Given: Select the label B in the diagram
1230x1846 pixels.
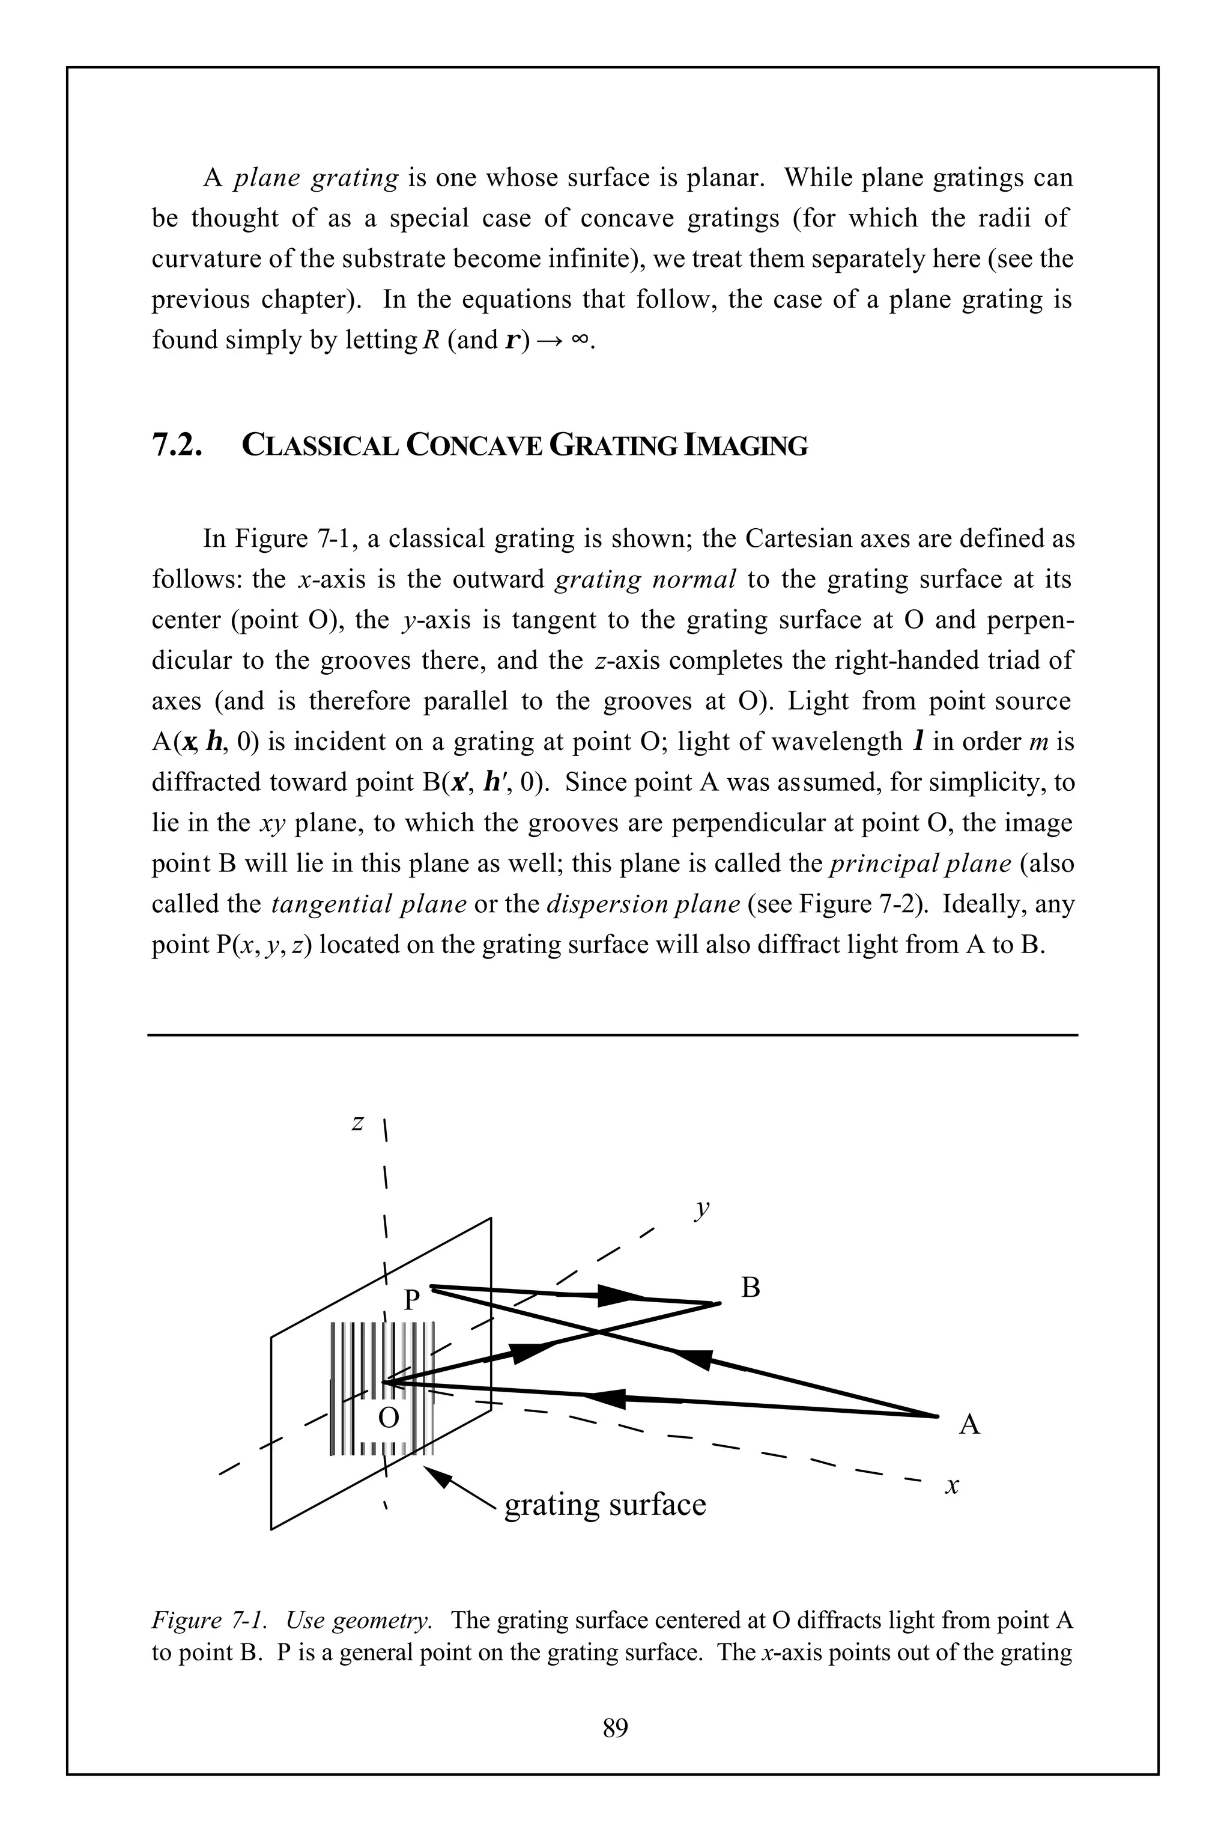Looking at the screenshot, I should (751, 1288).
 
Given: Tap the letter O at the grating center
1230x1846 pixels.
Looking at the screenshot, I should (389, 1418).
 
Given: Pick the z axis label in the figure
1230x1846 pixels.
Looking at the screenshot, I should (358, 1123).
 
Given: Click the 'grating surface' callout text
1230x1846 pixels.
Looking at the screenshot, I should (605, 1504).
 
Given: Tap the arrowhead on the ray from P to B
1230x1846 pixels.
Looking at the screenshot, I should (620, 1297).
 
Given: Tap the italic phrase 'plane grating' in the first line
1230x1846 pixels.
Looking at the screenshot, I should (317, 177).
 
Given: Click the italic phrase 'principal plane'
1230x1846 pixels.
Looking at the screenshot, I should (920, 864).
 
